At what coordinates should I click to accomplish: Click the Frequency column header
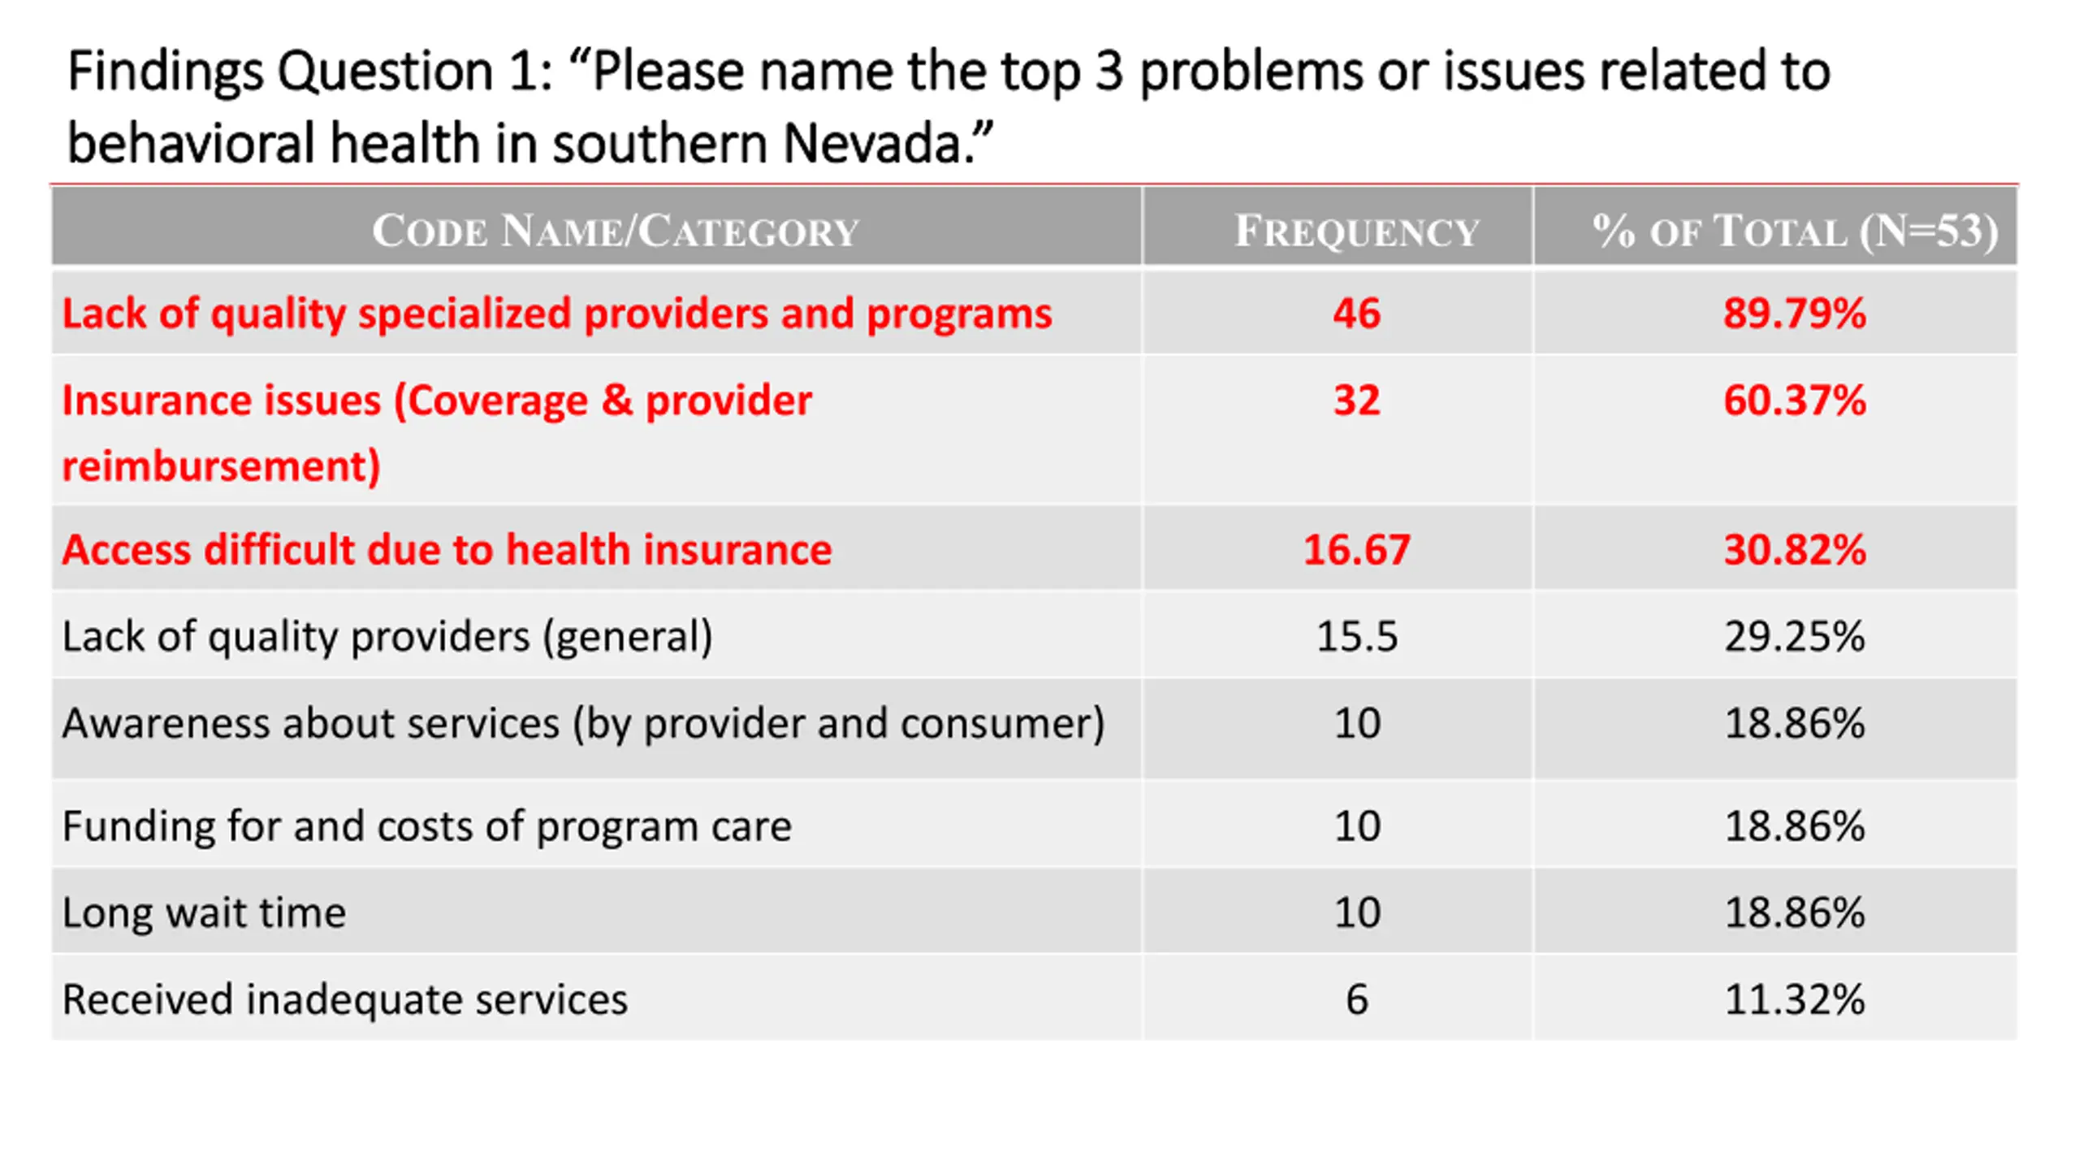coord(1356,231)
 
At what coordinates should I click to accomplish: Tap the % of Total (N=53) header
coord(1795,231)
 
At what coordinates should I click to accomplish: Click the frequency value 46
coord(1356,313)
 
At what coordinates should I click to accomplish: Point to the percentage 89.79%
coord(1795,313)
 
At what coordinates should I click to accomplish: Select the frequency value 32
coord(1356,400)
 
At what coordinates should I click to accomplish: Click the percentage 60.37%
coord(1795,400)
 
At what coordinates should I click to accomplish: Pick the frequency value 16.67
coord(1356,549)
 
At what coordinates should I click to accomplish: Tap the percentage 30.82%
coord(1795,549)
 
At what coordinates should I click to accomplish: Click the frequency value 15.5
coord(1356,636)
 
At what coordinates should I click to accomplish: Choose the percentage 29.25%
coord(1795,636)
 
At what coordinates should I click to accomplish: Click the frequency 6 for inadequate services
coord(1357,999)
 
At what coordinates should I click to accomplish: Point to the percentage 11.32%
coord(1795,999)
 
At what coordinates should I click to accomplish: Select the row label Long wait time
coord(205,912)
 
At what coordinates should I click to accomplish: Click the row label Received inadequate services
coord(345,999)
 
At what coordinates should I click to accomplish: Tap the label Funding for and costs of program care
coord(427,826)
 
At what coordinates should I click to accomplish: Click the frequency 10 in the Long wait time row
coord(1356,912)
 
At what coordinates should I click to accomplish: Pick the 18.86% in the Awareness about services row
coord(1795,723)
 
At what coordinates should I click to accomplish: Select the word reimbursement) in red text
coord(222,466)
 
